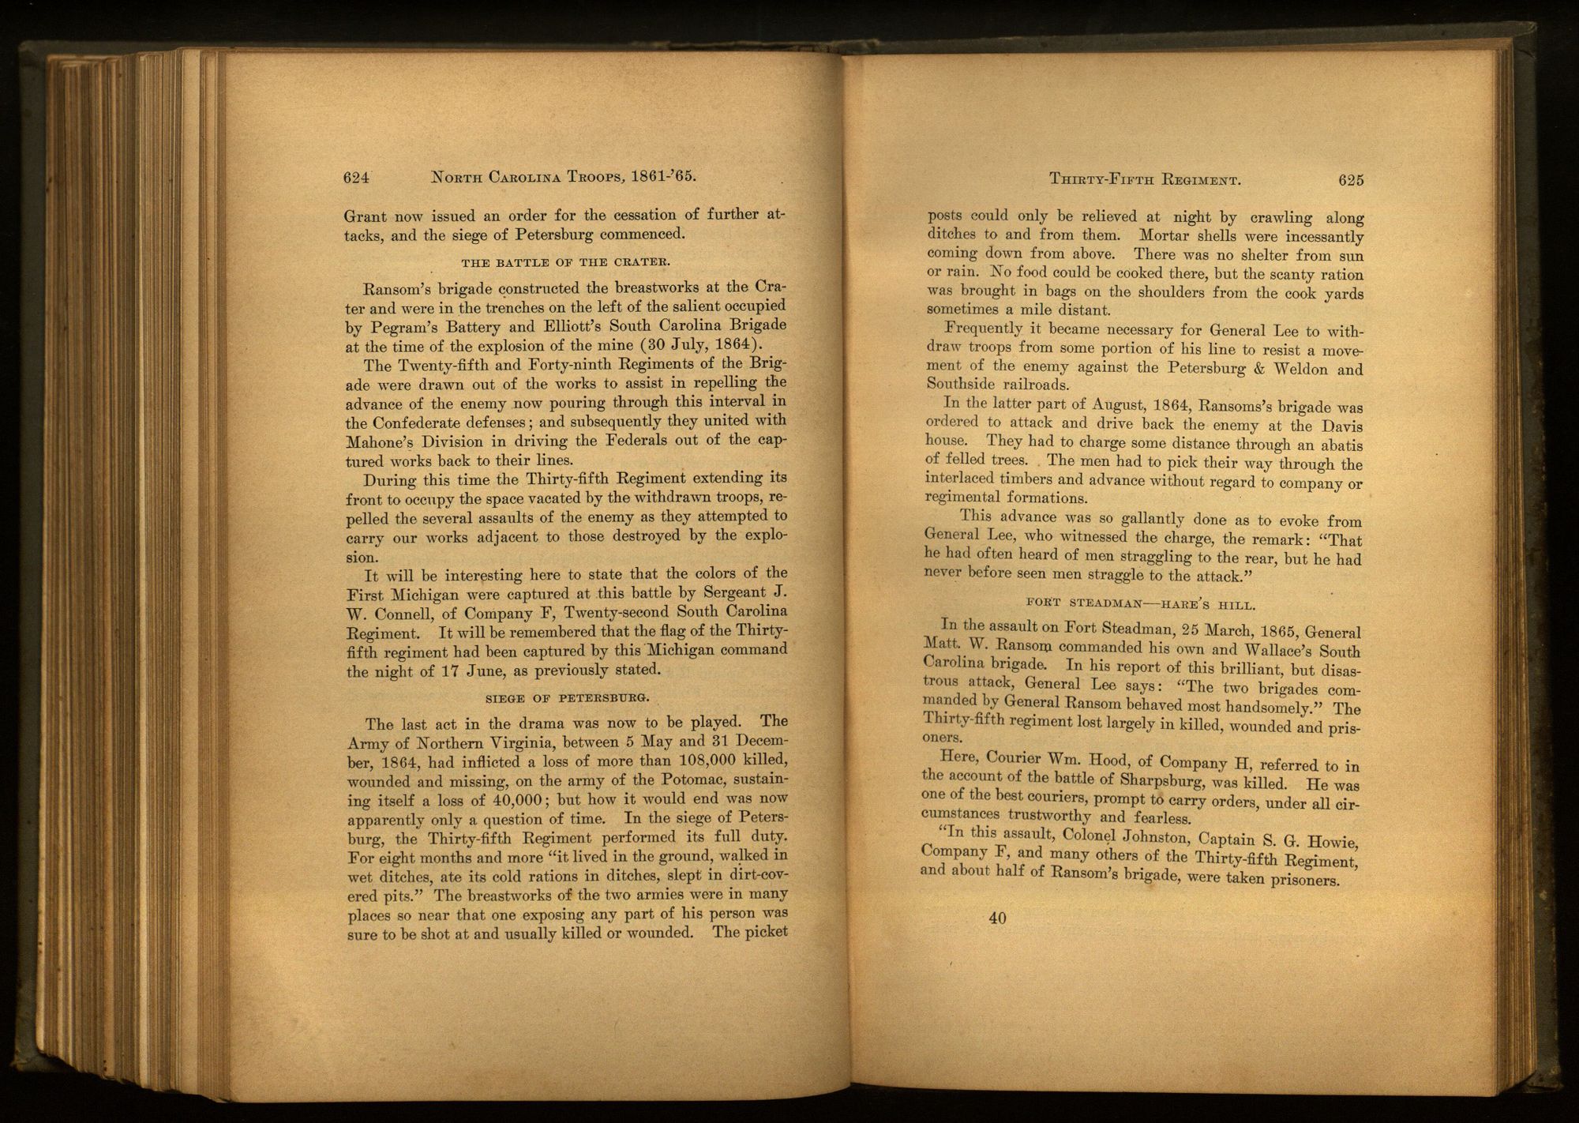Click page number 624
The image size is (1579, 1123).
point(357,178)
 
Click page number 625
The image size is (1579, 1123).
point(1351,180)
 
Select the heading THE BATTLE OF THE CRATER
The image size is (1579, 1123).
point(566,262)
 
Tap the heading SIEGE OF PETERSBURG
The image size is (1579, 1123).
point(566,698)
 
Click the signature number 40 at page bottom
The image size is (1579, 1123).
point(997,918)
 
